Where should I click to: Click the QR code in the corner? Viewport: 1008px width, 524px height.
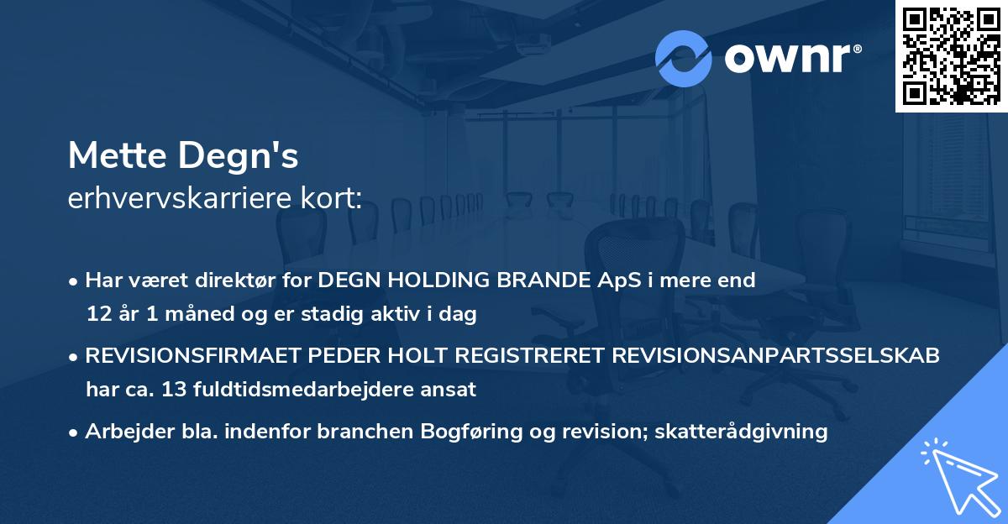[x=951, y=55]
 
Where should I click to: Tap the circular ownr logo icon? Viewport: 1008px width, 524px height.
[x=684, y=58]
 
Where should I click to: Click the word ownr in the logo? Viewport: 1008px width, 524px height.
[x=791, y=59]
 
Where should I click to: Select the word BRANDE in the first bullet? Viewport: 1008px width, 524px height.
[x=538, y=280]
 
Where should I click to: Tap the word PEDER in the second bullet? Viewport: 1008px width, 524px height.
[x=332, y=356]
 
